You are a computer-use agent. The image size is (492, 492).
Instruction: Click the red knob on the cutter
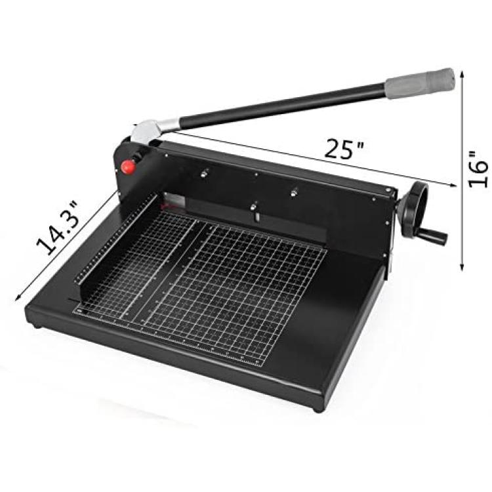(x=128, y=167)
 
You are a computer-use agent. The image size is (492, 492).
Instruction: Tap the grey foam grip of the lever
(x=420, y=83)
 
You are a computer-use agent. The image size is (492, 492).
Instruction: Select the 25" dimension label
(x=344, y=149)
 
